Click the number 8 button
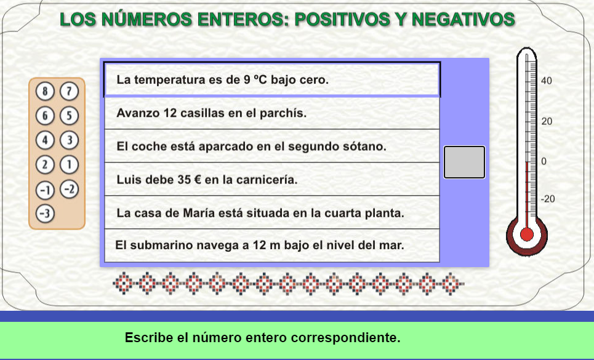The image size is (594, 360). coord(45,91)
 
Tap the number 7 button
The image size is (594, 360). coord(70,91)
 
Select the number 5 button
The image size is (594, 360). coord(70,116)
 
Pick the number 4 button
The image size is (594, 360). coord(45,140)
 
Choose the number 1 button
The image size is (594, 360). coord(70,165)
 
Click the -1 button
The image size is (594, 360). coord(45,190)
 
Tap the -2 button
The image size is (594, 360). coord(70,189)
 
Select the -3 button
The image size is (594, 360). coord(45,214)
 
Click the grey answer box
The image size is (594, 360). coord(465,162)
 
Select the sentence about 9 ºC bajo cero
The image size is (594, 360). coord(223,80)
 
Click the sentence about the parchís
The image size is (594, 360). coord(211,113)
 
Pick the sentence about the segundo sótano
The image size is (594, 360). coord(252,146)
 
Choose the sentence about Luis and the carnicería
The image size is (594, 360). coord(207,180)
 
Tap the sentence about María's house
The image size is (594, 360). coord(260,213)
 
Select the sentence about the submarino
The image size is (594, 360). coord(260,246)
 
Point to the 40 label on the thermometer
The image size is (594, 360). coord(546,81)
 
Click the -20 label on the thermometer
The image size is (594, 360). coord(548,199)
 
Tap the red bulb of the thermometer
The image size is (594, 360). coord(526,234)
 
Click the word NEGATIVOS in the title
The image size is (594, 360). coord(464,19)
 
